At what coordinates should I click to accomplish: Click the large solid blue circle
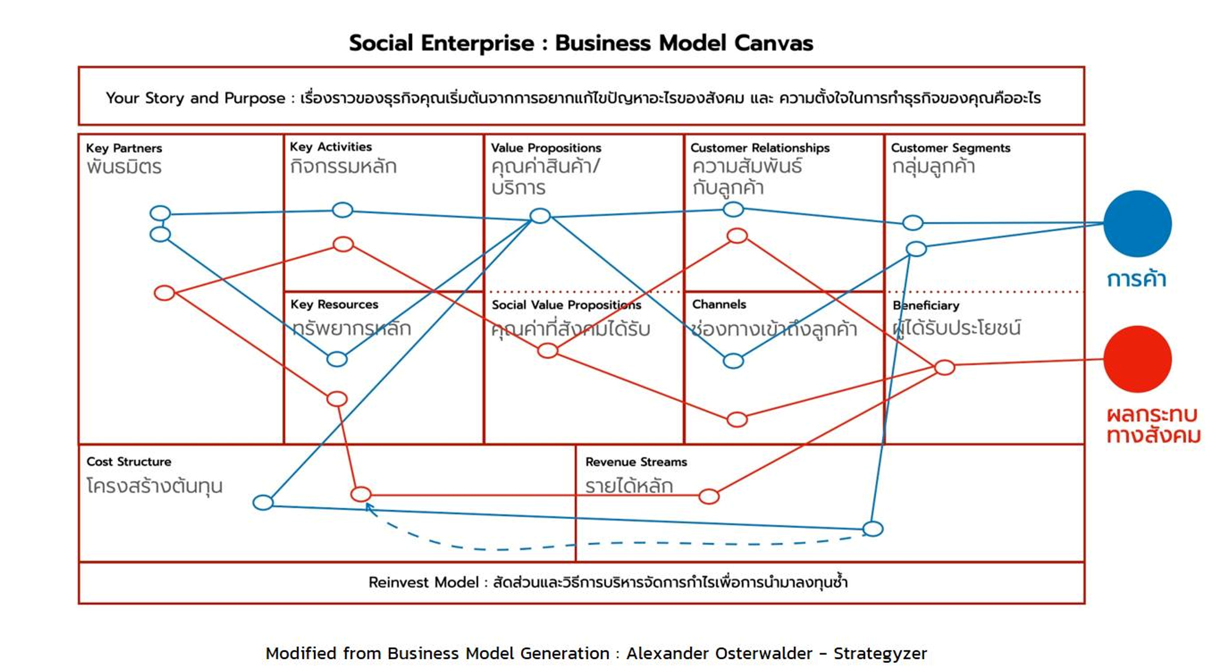click(1137, 224)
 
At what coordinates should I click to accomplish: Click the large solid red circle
click(1137, 359)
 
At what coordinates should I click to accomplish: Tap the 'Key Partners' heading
click(124, 148)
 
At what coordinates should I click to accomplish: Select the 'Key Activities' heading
click(331, 147)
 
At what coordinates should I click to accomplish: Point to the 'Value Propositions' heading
click(546, 148)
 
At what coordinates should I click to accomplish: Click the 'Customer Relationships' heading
click(760, 148)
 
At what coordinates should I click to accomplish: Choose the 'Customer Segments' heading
click(950, 148)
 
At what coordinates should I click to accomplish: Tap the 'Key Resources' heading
click(334, 305)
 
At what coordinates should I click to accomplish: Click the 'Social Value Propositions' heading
click(566, 305)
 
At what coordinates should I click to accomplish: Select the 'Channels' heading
click(719, 305)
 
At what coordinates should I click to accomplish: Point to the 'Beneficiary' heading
click(926, 306)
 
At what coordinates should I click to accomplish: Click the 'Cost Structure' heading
click(129, 462)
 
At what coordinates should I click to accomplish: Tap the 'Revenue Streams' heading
click(636, 462)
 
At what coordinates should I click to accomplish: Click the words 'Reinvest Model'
click(423, 583)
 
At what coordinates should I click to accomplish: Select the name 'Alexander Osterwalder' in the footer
click(719, 654)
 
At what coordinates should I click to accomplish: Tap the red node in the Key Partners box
click(164, 293)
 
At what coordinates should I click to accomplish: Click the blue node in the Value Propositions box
click(540, 216)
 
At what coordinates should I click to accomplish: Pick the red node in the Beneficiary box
click(945, 367)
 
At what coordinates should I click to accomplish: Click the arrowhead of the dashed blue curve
click(369, 507)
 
